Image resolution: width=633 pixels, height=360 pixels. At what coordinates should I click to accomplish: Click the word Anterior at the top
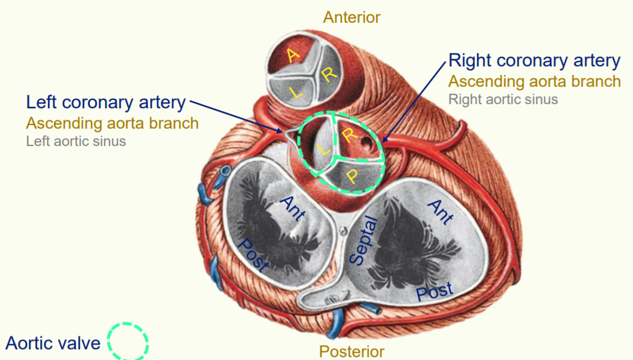click(351, 17)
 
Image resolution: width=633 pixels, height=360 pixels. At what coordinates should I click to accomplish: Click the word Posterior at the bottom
click(351, 351)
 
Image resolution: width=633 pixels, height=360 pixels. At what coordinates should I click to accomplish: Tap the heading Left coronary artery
click(106, 102)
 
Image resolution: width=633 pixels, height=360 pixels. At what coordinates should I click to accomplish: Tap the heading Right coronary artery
click(534, 60)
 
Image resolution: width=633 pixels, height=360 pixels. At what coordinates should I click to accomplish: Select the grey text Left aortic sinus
click(76, 142)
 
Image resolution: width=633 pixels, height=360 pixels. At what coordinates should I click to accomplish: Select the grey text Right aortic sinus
click(503, 99)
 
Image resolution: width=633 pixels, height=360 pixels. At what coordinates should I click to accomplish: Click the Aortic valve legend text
click(53, 343)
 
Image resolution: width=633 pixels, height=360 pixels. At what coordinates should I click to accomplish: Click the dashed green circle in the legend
click(128, 342)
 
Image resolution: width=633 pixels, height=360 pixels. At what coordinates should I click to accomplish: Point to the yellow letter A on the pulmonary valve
click(292, 56)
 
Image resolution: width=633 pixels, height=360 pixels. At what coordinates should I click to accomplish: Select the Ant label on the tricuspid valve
click(440, 211)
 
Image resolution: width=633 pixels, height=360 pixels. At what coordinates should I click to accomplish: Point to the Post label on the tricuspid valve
click(434, 292)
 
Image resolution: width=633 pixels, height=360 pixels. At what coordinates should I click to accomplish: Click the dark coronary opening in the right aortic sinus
click(365, 141)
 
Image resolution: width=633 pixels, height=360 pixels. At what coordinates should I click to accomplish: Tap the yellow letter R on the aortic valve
click(349, 134)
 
